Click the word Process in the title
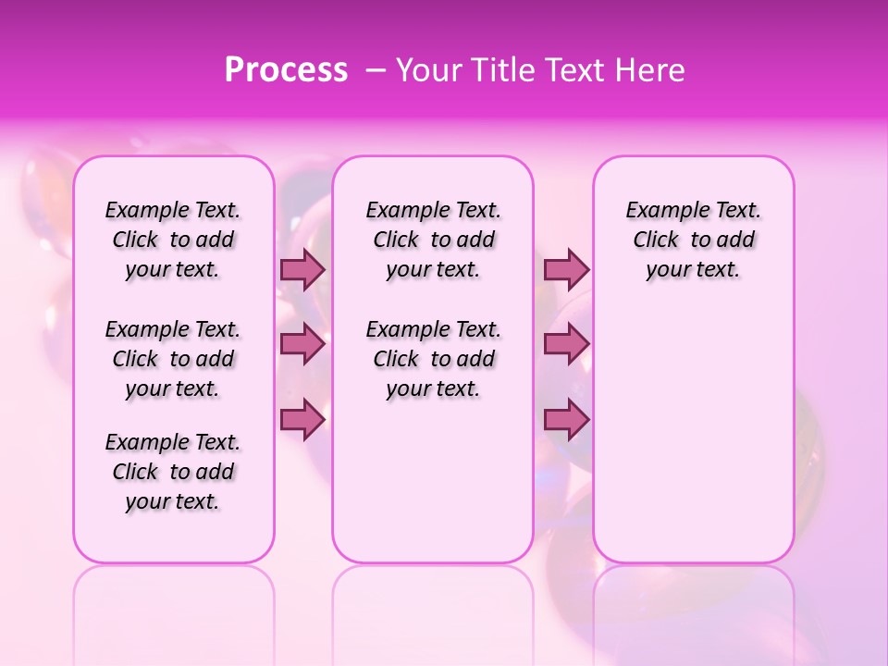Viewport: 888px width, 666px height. coord(286,70)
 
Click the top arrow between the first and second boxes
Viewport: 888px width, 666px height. coord(302,269)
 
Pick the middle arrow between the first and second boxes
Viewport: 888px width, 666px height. coord(302,344)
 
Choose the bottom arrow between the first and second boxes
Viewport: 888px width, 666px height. coord(302,420)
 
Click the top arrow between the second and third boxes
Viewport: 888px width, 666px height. coord(566,269)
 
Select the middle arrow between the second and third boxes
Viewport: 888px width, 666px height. coord(566,344)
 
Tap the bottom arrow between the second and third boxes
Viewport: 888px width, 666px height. coord(566,420)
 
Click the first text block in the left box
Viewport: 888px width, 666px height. coord(173,240)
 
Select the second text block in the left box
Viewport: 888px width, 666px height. coord(173,359)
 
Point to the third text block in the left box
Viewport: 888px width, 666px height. coord(173,472)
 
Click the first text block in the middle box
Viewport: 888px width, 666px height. coord(433,240)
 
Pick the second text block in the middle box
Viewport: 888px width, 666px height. coord(433,359)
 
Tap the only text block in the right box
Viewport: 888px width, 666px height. coord(693,240)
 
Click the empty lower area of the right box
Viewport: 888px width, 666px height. coord(693,425)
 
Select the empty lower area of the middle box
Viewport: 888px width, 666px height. coord(433,481)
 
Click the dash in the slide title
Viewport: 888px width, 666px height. coord(376,70)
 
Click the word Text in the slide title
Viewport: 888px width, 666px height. coord(579,70)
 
